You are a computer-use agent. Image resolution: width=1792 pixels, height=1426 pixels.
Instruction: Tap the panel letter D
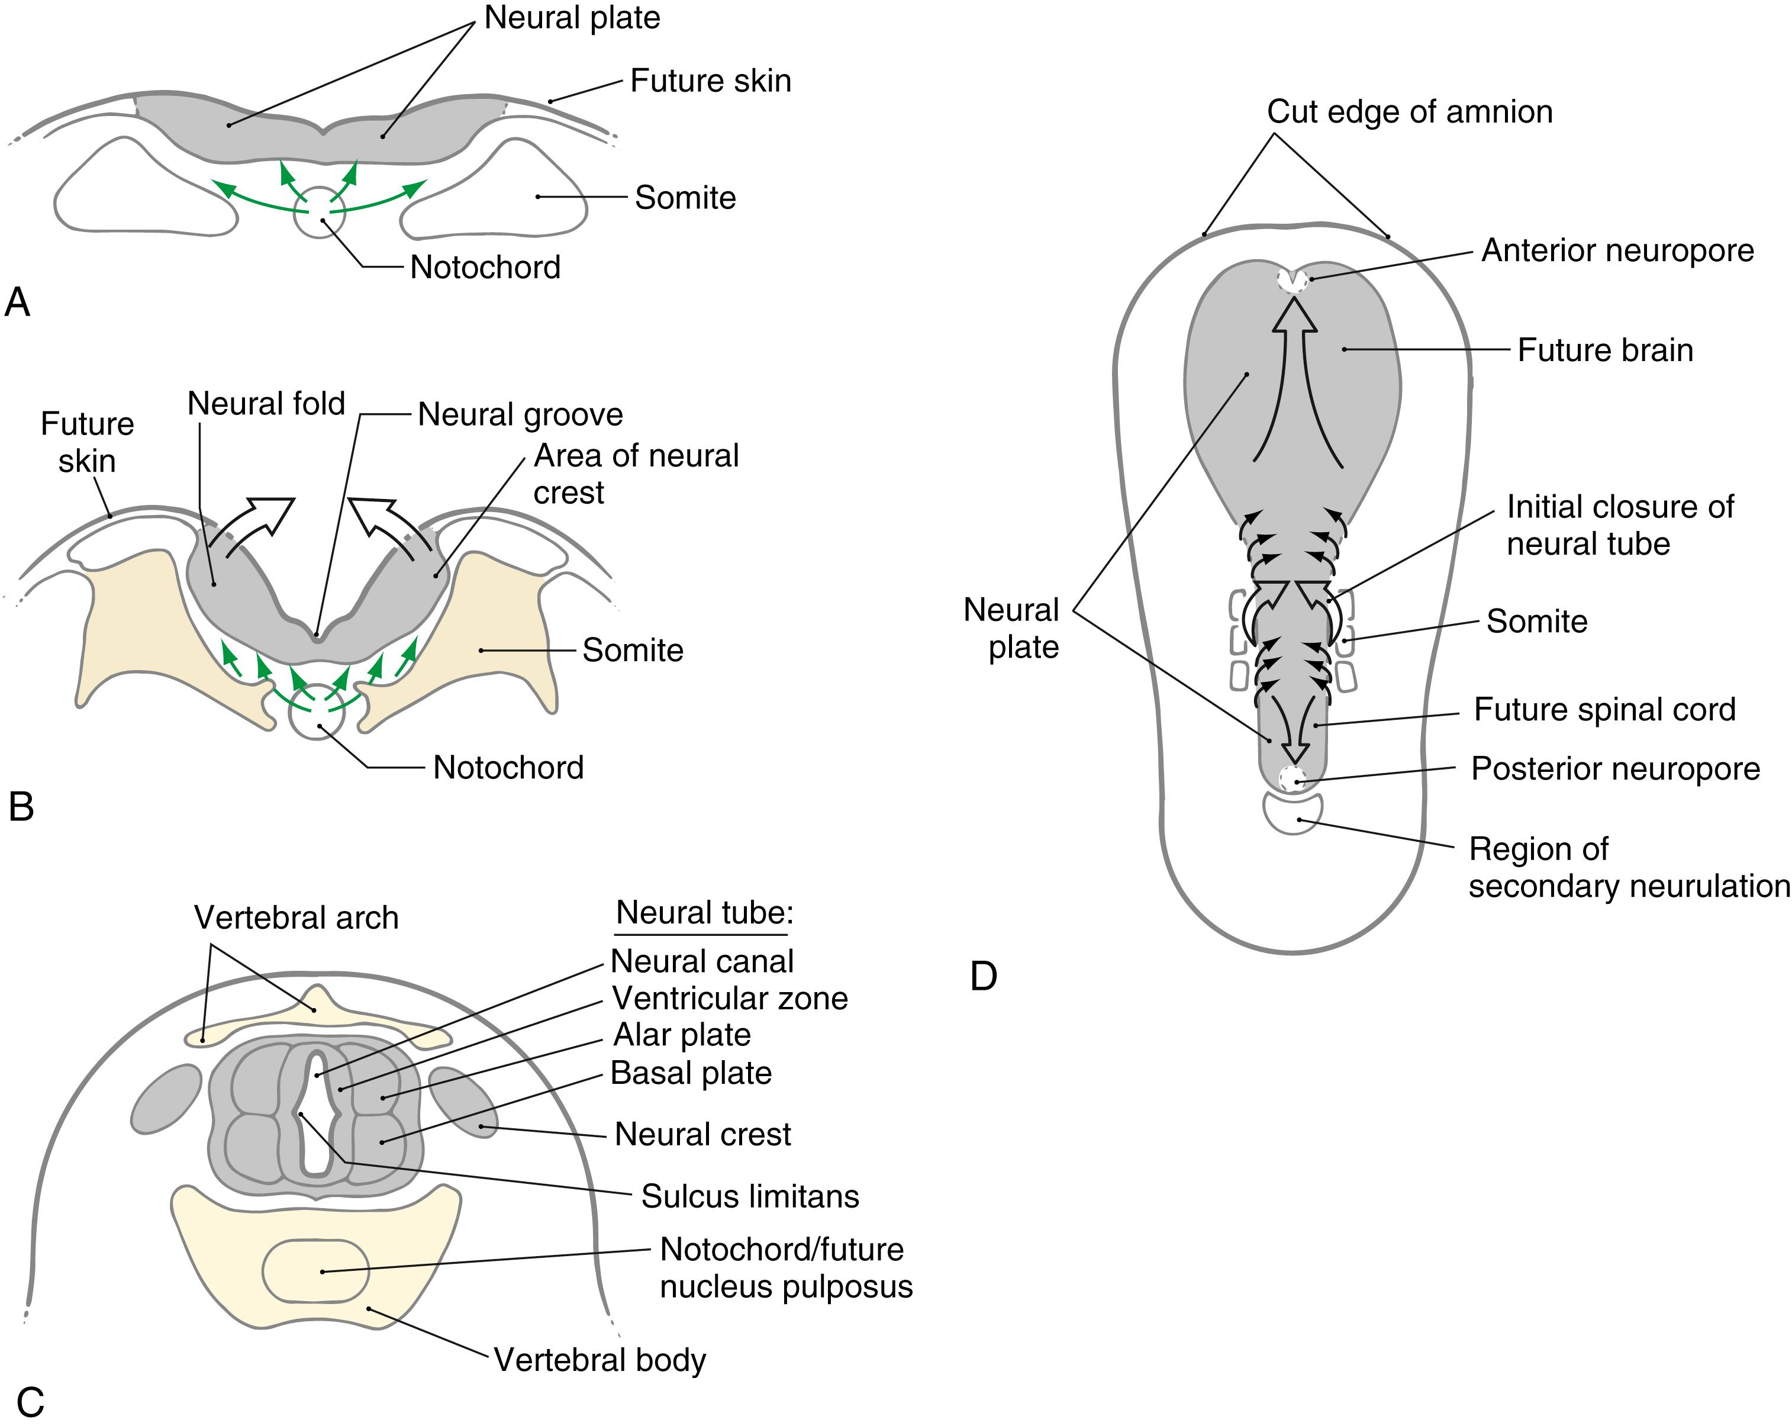[983, 976]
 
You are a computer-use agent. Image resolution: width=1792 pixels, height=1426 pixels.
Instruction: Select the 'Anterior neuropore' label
[1617, 250]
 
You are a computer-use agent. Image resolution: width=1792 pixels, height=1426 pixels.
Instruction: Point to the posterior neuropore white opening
[1292, 779]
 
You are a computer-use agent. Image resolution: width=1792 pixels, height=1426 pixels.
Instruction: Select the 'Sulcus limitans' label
[750, 1196]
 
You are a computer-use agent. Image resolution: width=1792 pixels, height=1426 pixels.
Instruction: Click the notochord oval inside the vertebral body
[316, 1270]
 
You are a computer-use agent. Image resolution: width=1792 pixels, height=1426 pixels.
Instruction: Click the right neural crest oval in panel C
[464, 1102]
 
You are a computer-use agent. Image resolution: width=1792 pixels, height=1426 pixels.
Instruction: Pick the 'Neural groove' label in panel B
[520, 414]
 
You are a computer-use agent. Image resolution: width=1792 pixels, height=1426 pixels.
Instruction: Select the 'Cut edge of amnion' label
[1409, 111]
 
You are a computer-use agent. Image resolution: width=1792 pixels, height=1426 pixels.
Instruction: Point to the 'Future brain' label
[1604, 350]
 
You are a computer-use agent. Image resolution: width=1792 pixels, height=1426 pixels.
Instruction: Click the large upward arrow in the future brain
[1294, 366]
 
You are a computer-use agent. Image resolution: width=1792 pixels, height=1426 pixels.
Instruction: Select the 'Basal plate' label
[691, 1073]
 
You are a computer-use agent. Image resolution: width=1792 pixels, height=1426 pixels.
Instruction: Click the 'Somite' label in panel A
[685, 198]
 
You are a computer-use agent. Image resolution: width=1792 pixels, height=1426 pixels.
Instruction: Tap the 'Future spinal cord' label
[1604, 709]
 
